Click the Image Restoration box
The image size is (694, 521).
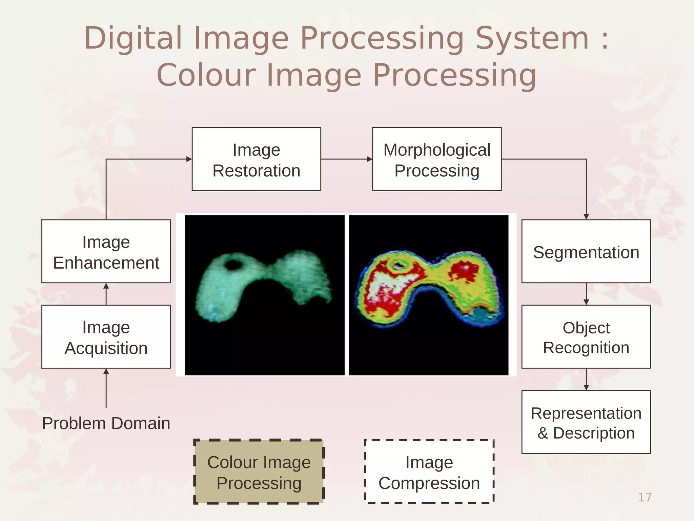pos(256,159)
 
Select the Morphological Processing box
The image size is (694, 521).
pos(436,159)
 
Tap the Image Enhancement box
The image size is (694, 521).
pos(106,251)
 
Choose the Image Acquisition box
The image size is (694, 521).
pos(106,336)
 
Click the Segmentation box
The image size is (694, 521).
pos(586,251)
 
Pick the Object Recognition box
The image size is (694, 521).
pos(586,336)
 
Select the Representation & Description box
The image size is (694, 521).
pos(586,422)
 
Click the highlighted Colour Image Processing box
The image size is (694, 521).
pos(259,472)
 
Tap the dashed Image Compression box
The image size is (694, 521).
pos(429,472)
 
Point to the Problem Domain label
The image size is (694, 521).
pos(106,423)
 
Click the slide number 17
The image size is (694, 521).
pos(645,497)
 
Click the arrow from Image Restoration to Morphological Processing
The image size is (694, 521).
pos(346,159)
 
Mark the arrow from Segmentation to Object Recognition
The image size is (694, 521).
pos(586,294)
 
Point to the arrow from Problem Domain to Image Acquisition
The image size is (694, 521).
pos(106,388)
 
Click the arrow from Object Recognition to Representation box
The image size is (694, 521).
pos(586,380)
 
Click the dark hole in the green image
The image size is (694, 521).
pos(233,264)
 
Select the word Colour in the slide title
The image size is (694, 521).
pos(206,75)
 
